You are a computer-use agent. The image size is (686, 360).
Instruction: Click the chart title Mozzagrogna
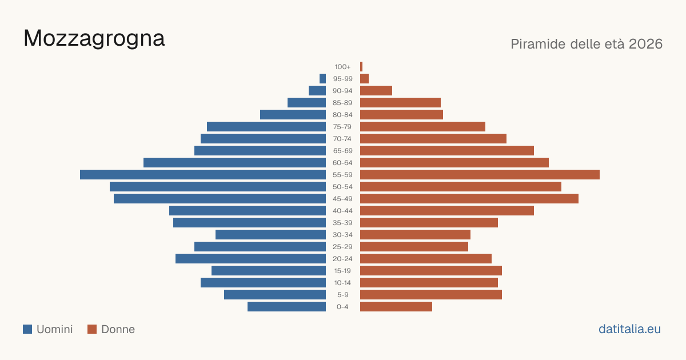94,39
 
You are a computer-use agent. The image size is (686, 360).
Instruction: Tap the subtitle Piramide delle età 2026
587,44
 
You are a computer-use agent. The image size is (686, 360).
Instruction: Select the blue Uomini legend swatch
27,329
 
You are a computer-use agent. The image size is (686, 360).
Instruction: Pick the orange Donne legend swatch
92,329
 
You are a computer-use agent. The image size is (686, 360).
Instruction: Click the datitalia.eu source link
629,329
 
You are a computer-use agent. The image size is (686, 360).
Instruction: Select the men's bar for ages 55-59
203,175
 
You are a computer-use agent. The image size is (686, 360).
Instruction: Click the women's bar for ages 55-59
480,175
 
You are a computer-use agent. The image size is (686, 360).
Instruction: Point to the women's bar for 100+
361,67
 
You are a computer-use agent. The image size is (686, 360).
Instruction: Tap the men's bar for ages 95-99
322,79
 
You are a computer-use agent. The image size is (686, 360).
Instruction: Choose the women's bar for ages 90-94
376,91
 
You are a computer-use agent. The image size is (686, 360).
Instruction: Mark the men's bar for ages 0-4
286,307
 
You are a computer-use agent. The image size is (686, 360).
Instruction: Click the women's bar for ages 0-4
396,307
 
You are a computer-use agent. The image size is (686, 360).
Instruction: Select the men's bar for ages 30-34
271,235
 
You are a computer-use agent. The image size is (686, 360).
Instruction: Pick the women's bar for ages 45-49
469,199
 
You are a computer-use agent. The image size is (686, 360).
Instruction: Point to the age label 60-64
342,163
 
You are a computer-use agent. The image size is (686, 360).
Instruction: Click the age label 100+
342,67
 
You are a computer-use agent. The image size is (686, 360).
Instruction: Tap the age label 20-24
342,259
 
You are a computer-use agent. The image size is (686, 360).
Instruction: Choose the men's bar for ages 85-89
306,103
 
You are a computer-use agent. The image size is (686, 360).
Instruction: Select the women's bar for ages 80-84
401,115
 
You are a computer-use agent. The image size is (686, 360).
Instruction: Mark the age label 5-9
342,295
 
